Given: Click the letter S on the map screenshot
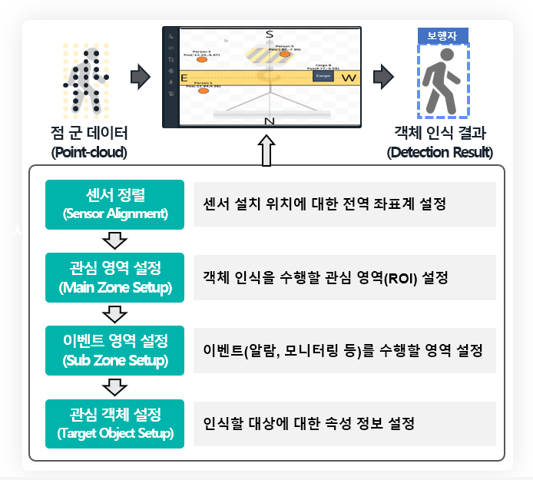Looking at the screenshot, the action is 269,35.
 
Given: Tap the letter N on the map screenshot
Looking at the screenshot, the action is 269,121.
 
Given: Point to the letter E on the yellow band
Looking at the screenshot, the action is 184,78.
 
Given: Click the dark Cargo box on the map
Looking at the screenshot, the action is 323,77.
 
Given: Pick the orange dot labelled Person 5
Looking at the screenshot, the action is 285,55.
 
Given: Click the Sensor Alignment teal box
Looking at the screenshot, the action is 115,204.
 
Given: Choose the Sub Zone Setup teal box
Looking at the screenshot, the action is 115,350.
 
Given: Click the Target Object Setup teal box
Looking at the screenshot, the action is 115,424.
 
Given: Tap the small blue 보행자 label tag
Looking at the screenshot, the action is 442,36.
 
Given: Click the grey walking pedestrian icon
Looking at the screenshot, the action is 442,83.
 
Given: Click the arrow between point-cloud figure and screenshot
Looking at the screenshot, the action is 140,77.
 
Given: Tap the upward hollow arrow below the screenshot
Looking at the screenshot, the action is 266,151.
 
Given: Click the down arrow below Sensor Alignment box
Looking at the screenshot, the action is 114,241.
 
